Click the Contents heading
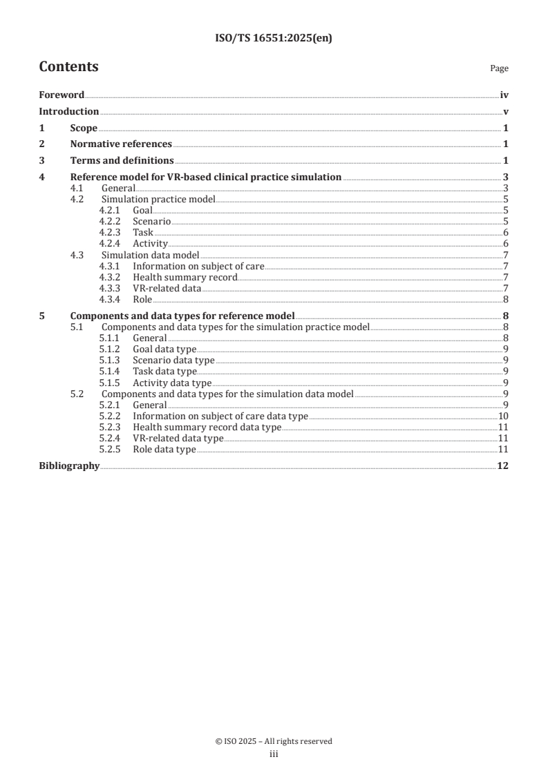pyautogui.click(x=68, y=67)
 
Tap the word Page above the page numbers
pyautogui.click(x=499, y=68)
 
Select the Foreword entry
pyautogui.click(x=62, y=95)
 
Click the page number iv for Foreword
pyautogui.click(x=504, y=95)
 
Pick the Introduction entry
pyautogui.click(x=68, y=112)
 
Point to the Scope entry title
pyautogui.click(x=84, y=128)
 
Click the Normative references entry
pyautogui.click(x=121, y=144)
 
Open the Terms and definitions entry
pyautogui.click(x=122, y=160)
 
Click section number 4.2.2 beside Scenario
pyautogui.click(x=111, y=221)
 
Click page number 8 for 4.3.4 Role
pyautogui.click(x=506, y=299)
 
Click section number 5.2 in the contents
pyautogui.click(x=77, y=394)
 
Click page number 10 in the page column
pyautogui.click(x=504, y=416)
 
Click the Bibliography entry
pyautogui.click(x=69, y=466)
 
